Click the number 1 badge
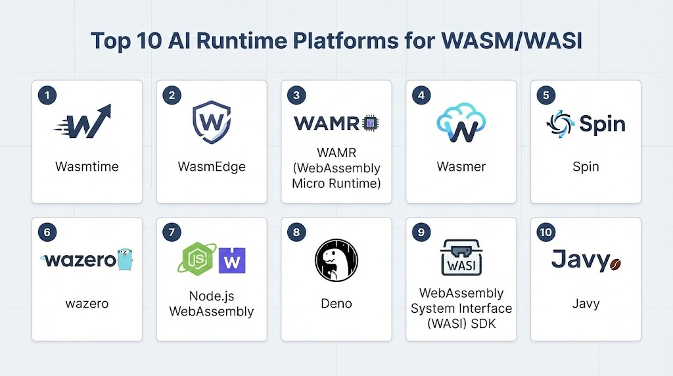pyautogui.click(x=47, y=95)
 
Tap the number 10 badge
pyautogui.click(x=545, y=232)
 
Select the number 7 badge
pyautogui.click(x=172, y=232)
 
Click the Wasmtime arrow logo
pyautogui.click(x=82, y=122)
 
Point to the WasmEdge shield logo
pyautogui.click(x=211, y=122)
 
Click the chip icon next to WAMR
pyautogui.click(x=371, y=124)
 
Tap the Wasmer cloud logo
pyautogui.click(x=461, y=123)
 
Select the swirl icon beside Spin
pyautogui.click(x=560, y=124)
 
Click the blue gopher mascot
pyautogui.click(x=125, y=259)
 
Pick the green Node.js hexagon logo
pyautogui.click(x=197, y=258)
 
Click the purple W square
pyautogui.click(x=232, y=260)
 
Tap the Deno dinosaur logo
pyautogui.click(x=336, y=260)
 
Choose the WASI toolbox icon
pyautogui.click(x=461, y=257)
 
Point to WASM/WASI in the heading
pyautogui.click(x=511, y=41)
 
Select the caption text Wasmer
pyautogui.click(x=461, y=166)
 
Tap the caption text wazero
pyautogui.click(x=87, y=304)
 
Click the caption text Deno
pyautogui.click(x=336, y=304)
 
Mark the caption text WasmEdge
pyautogui.click(x=212, y=166)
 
